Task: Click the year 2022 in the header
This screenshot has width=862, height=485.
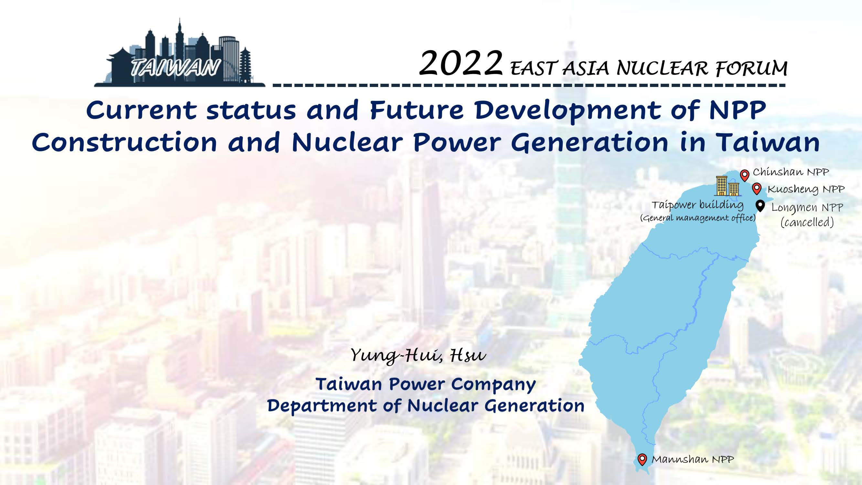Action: pyautogui.click(x=461, y=63)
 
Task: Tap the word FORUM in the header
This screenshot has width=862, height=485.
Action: pyautogui.click(x=751, y=69)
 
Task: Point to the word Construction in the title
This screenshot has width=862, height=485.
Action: pyautogui.click(x=124, y=142)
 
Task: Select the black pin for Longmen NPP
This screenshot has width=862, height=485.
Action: pyautogui.click(x=761, y=206)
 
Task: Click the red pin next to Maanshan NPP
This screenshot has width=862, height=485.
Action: pyautogui.click(x=642, y=459)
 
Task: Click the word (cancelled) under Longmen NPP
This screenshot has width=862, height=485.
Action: pyautogui.click(x=807, y=222)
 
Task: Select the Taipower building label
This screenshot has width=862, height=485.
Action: pyautogui.click(x=698, y=205)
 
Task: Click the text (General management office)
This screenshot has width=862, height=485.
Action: pyautogui.click(x=698, y=218)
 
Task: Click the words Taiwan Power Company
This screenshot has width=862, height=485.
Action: pyautogui.click(x=426, y=384)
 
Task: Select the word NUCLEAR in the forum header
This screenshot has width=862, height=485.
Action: pyautogui.click(x=663, y=68)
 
